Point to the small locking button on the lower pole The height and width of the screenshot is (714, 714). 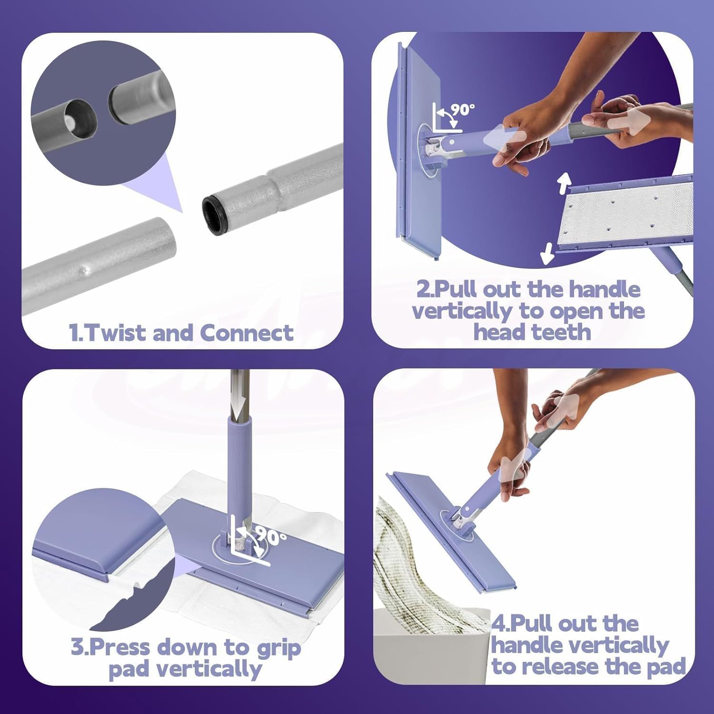pyautogui.click(x=87, y=270)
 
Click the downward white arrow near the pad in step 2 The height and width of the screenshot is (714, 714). pyautogui.click(x=547, y=253)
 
